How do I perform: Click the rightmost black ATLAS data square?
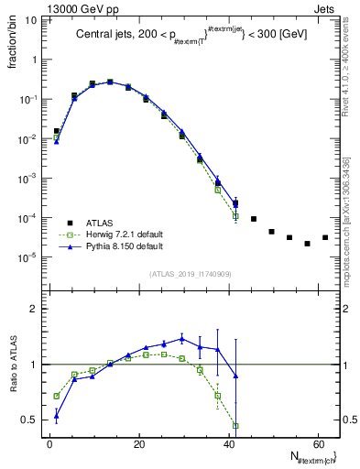324,238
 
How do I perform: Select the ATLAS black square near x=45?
254,219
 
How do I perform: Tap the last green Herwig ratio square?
235,425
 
